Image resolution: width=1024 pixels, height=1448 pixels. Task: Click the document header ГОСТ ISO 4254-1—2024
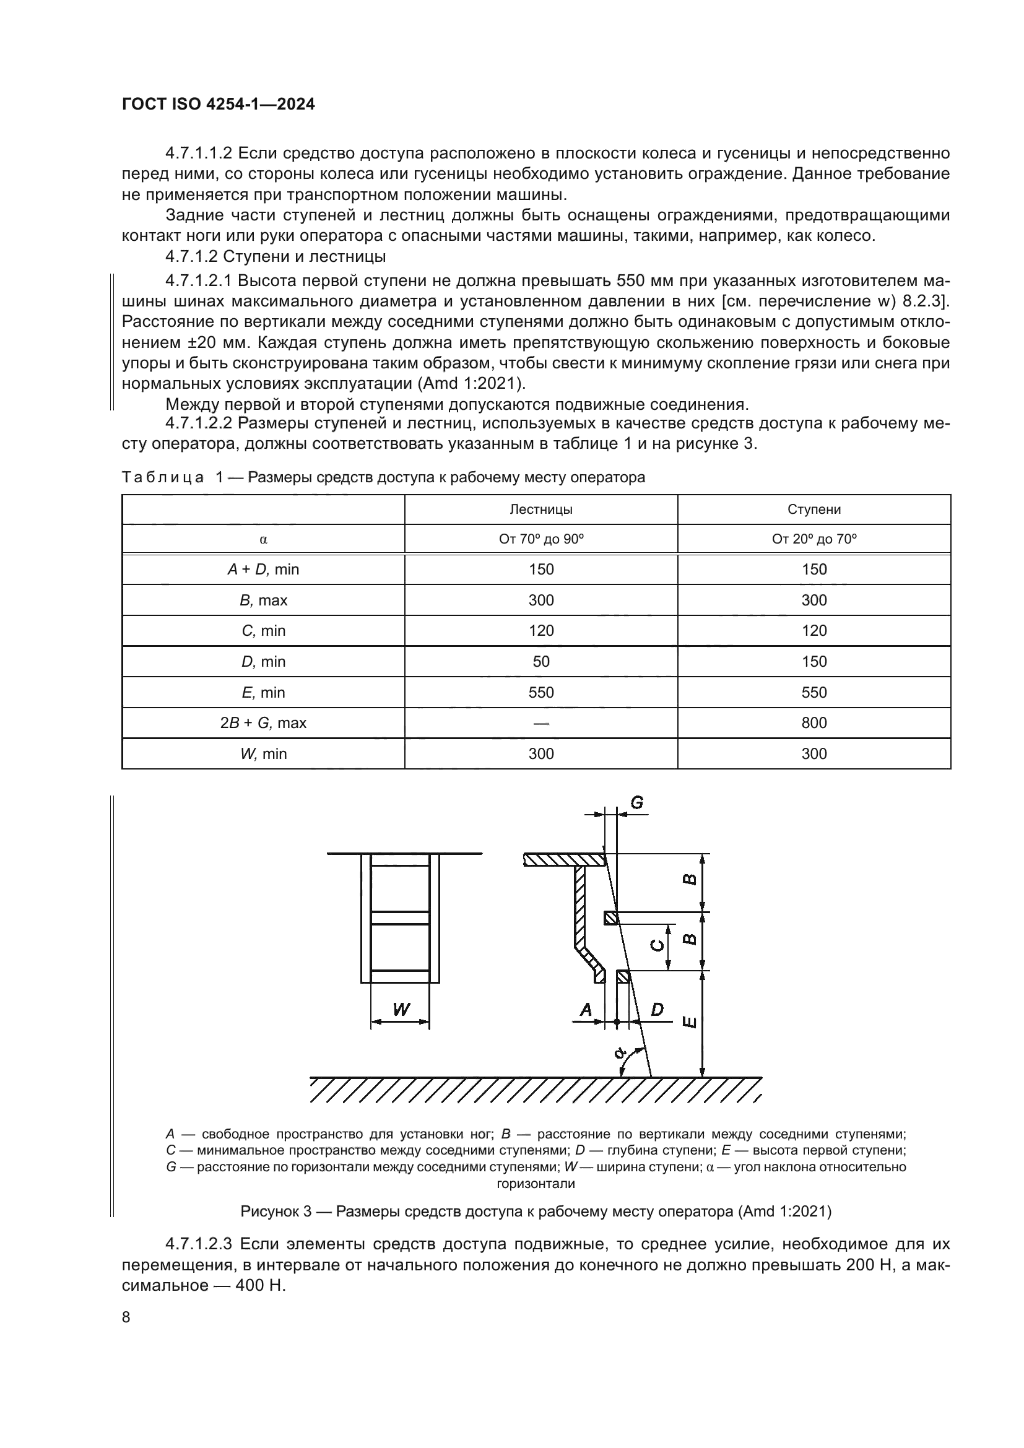pyautogui.click(x=218, y=105)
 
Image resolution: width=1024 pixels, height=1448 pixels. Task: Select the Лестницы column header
pyautogui.click(x=540, y=509)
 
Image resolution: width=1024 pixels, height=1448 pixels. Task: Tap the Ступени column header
pyautogui.click(x=814, y=509)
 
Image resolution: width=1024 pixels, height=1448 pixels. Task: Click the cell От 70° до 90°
pyautogui.click(x=540, y=539)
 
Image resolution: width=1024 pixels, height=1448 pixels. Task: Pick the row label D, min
pyautogui.click(x=263, y=662)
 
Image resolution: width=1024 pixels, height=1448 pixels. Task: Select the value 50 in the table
pyautogui.click(x=540, y=662)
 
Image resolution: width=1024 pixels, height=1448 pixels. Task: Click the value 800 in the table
pyautogui.click(x=814, y=722)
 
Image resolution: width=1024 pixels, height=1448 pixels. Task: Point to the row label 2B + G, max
pyautogui.click(x=263, y=722)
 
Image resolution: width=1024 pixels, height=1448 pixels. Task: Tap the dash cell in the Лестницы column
pyautogui.click(x=540, y=722)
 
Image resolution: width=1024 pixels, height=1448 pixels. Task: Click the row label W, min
pyautogui.click(x=263, y=753)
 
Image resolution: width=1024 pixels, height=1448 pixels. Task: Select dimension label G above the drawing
pyautogui.click(x=637, y=803)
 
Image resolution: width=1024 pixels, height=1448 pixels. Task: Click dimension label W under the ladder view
pyautogui.click(x=401, y=1010)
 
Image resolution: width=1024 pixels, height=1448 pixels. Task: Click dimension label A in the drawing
pyautogui.click(x=586, y=1010)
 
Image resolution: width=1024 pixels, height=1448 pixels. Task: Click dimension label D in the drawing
pyautogui.click(x=657, y=1010)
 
